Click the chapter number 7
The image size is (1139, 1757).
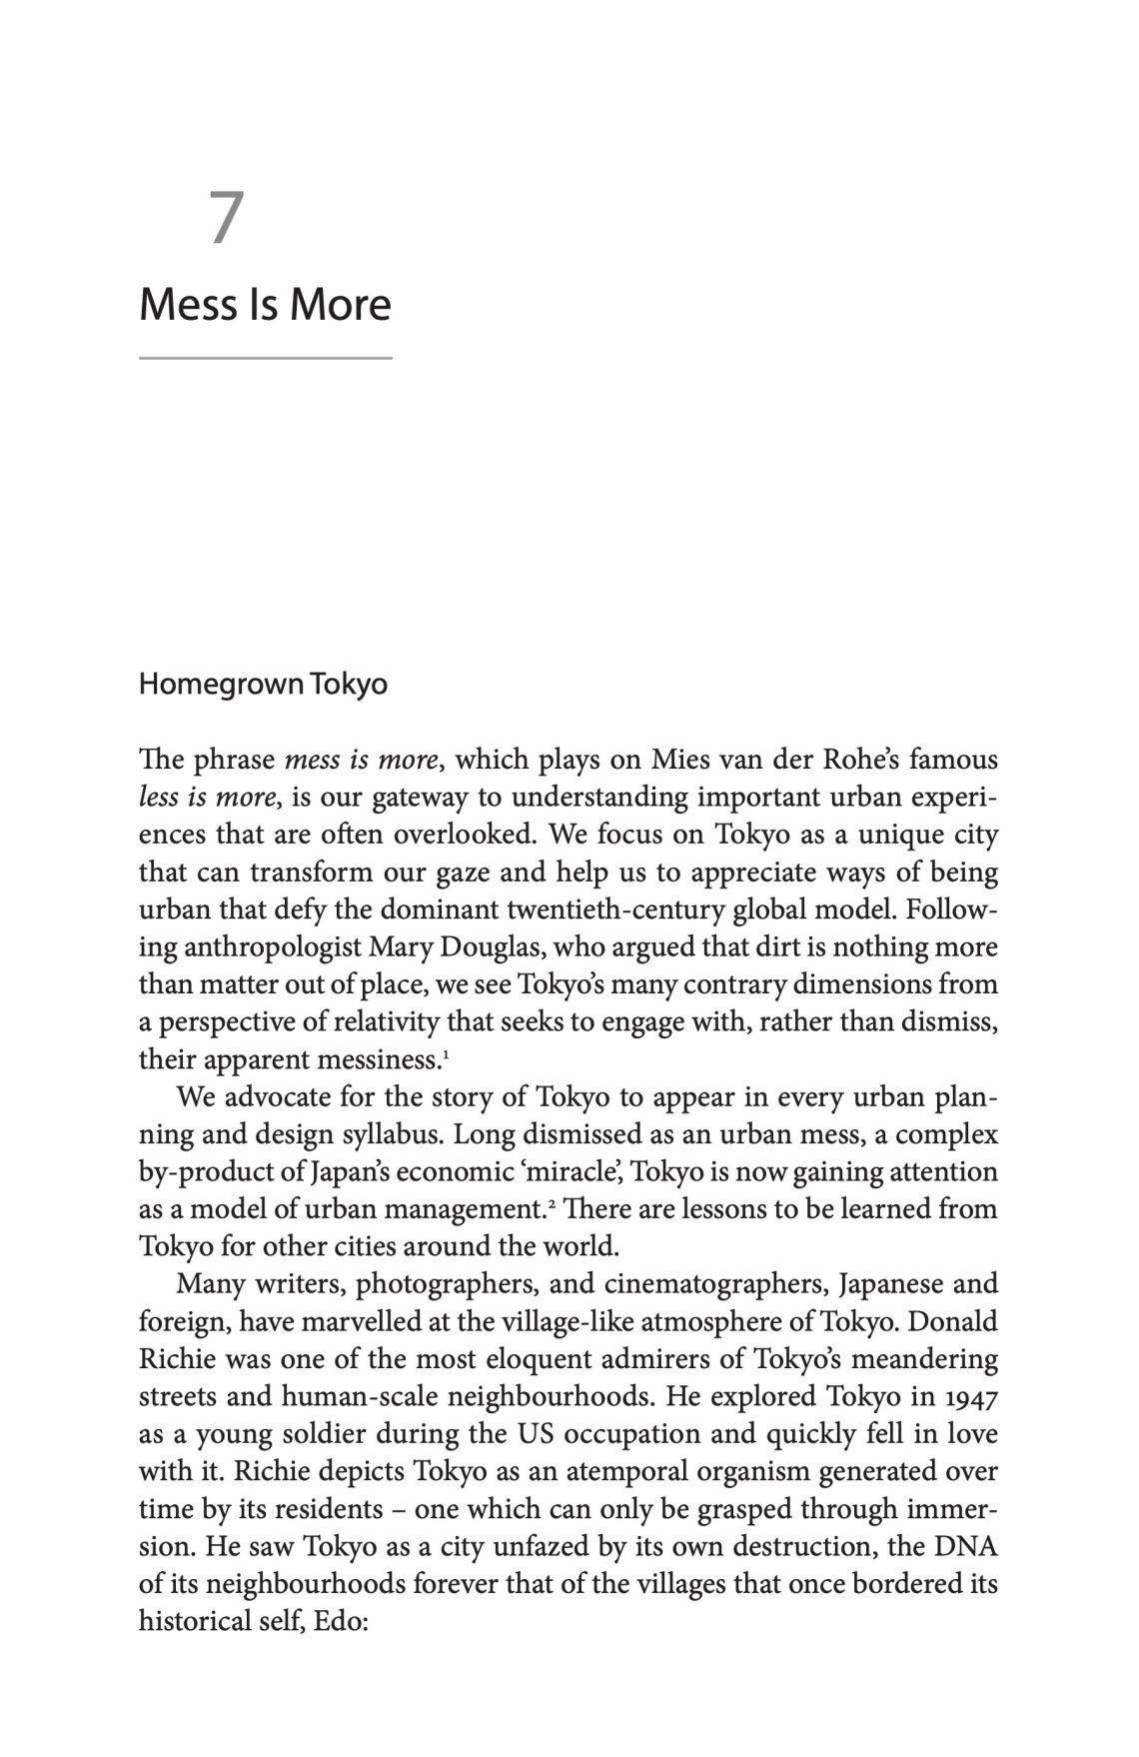click(x=227, y=218)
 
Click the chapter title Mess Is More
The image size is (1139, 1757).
click(x=265, y=304)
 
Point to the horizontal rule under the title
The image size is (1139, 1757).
click(x=265, y=357)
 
